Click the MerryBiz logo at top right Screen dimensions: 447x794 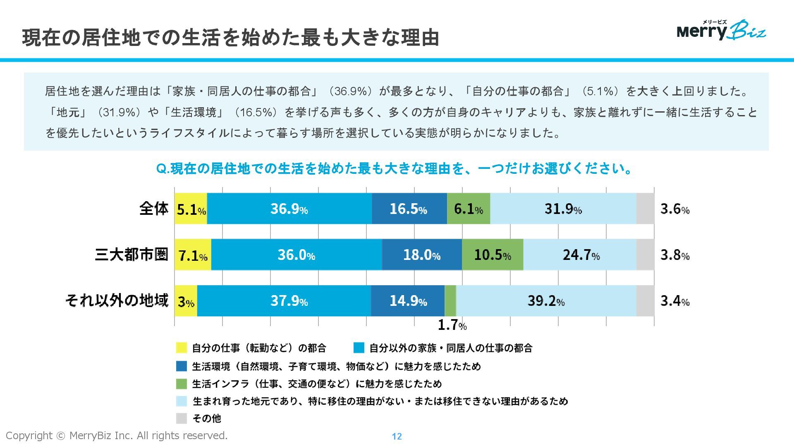coord(721,30)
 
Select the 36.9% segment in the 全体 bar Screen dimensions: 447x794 coord(289,209)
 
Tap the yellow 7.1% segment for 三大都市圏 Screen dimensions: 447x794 coord(193,255)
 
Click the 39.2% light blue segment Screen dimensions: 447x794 coord(546,301)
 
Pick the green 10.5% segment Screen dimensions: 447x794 coord(492,255)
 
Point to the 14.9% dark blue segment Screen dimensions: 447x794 coord(408,301)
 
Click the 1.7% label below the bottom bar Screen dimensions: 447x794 coord(452,325)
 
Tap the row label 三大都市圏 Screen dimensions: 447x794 coord(132,254)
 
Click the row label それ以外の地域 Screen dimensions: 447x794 coord(117,300)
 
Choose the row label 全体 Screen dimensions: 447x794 coord(154,208)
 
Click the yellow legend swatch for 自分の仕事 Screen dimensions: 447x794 coord(182,348)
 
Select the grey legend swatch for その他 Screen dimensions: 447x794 coord(182,418)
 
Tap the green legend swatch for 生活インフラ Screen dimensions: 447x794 coord(182,384)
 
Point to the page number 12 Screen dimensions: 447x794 coord(397,436)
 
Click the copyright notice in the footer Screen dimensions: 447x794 coord(117,435)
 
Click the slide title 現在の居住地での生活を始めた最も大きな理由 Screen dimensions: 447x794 coord(230,37)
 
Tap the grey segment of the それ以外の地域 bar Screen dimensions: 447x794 coord(645,301)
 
